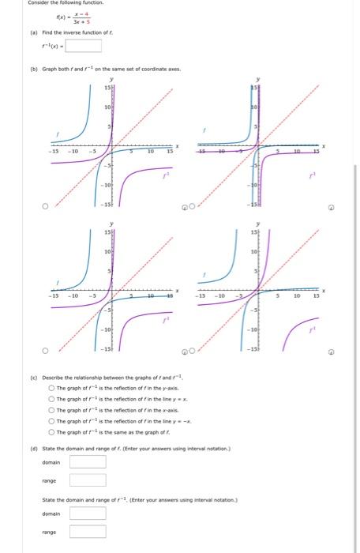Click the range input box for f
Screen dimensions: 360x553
tap(88, 480)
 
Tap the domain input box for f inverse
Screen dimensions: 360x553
tap(88, 512)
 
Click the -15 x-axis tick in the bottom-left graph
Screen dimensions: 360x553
tap(53, 295)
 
